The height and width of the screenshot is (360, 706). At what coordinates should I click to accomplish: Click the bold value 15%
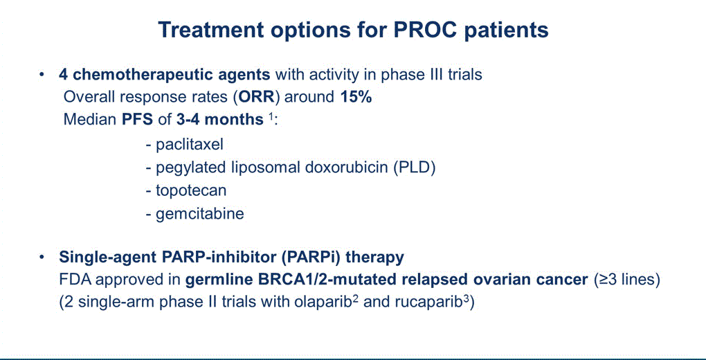[356, 98]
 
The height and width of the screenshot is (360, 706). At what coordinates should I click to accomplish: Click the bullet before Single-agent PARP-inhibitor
[42, 258]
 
